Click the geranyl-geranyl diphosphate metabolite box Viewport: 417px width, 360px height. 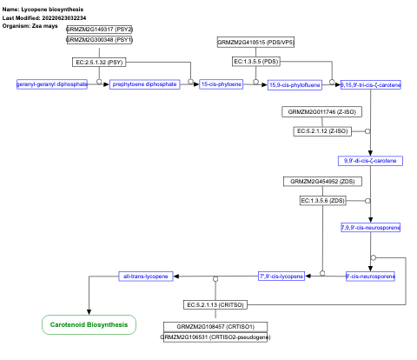point(52,83)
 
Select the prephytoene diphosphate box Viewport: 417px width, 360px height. point(144,83)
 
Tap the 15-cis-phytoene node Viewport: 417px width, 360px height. point(221,83)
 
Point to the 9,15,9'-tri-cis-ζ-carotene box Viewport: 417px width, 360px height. point(371,84)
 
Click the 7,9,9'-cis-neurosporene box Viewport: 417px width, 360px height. point(370,228)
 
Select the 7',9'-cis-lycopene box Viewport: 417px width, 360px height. point(281,276)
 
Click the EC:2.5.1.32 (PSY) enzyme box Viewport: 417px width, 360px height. point(101,62)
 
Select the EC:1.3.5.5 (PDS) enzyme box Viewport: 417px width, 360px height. point(257,62)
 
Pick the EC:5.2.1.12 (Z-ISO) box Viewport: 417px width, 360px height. point(323,130)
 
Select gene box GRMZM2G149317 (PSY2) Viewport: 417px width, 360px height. point(101,30)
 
